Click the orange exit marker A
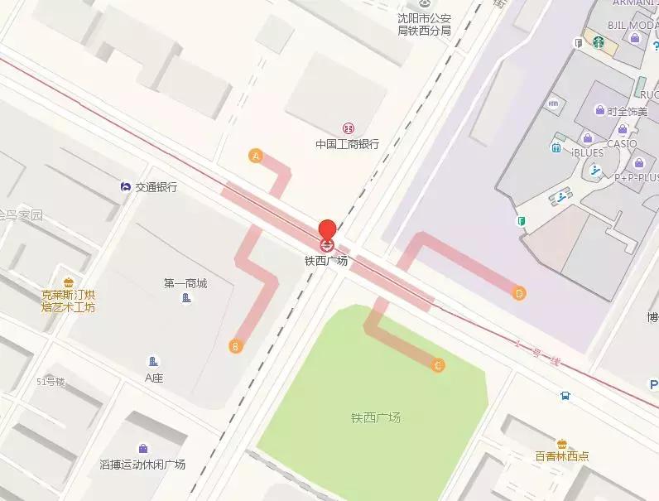click(x=256, y=156)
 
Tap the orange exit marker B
click(x=236, y=346)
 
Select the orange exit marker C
click(x=438, y=364)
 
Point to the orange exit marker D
click(x=519, y=292)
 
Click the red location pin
click(x=328, y=229)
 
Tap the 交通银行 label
click(x=156, y=187)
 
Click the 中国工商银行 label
click(x=347, y=143)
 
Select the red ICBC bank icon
click(x=348, y=128)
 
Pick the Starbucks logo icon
click(x=598, y=41)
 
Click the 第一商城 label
click(x=185, y=283)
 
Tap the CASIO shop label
click(x=622, y=143)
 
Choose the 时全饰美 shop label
click(x=628, y=111)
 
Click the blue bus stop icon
click(x=565, y=396)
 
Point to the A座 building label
click(x=154, y=378)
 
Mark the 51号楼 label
click(x=51, y=382)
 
